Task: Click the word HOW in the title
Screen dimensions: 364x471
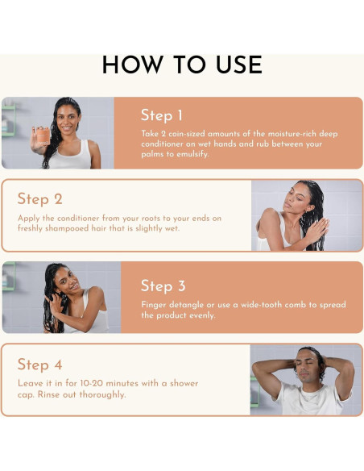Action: pos(132,65)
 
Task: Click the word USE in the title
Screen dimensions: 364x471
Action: pos(239,65)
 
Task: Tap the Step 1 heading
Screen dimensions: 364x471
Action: pos(162,115)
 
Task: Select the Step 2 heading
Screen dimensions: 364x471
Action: pos(40,199)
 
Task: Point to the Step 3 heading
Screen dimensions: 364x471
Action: pos(163,286)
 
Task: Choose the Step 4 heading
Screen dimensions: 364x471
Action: pos(40,365)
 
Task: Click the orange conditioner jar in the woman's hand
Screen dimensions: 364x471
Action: pos(43,136)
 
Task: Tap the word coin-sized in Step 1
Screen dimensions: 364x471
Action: pos(187,134)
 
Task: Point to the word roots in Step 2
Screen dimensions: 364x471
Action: pos(151,219)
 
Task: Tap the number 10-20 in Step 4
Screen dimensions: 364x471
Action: pos(92,383)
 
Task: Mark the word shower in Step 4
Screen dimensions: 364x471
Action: pos(184,383)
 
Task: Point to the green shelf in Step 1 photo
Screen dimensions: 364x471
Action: pos(8,120)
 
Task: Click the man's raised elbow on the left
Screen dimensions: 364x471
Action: pos(257,365)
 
